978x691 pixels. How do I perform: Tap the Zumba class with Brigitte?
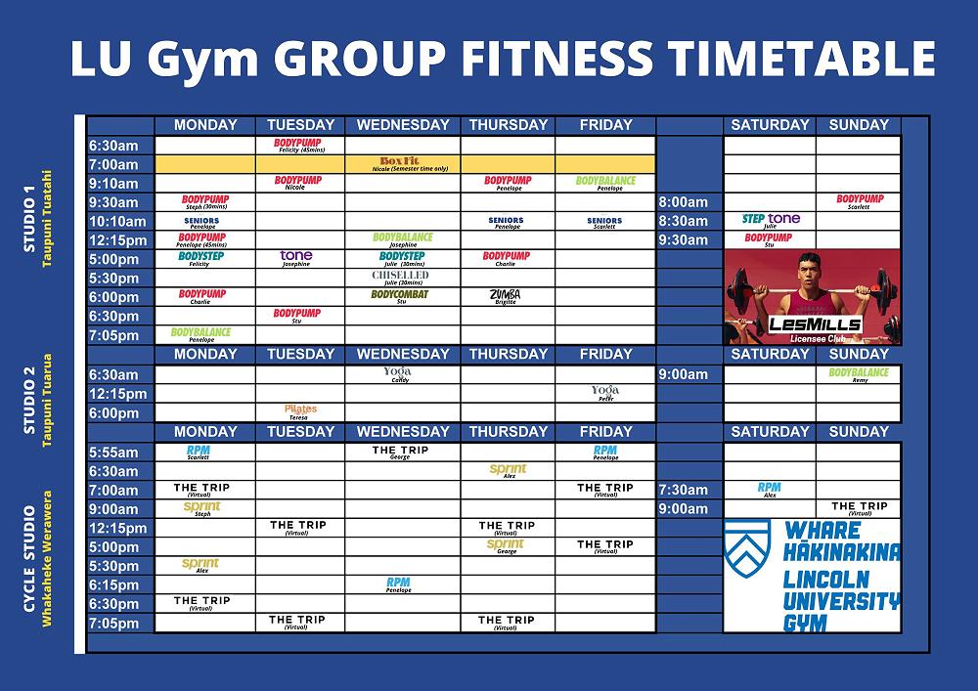(507, 296)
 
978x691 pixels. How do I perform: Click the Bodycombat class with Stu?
(400, 296)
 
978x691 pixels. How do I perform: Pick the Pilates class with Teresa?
(300, 411)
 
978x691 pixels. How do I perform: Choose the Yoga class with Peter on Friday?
(605, 393)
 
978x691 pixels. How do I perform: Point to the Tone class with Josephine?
(296, 258)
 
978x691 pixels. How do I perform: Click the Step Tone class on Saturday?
(771, 221)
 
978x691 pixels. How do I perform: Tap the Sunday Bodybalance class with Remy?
(859, 374)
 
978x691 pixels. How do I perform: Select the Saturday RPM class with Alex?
(770, 489)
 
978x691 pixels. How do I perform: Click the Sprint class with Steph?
(202, 508)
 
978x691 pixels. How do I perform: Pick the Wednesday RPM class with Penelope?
(399, 584)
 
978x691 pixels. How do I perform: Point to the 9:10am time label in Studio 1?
(115, 183)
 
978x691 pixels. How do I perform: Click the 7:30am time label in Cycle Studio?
(684, 490)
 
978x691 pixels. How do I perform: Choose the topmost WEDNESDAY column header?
(403, 125)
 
